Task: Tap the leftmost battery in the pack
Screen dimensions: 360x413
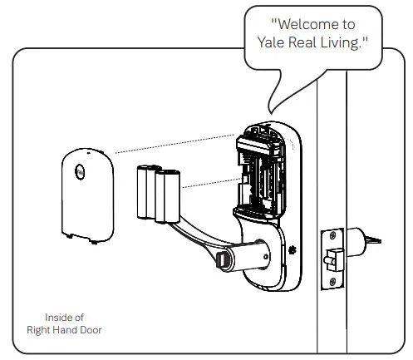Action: click(x=142, y=195)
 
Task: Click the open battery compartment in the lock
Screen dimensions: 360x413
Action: click(x=260, y=175)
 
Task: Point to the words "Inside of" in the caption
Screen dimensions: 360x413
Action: click(x=62, y=317)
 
